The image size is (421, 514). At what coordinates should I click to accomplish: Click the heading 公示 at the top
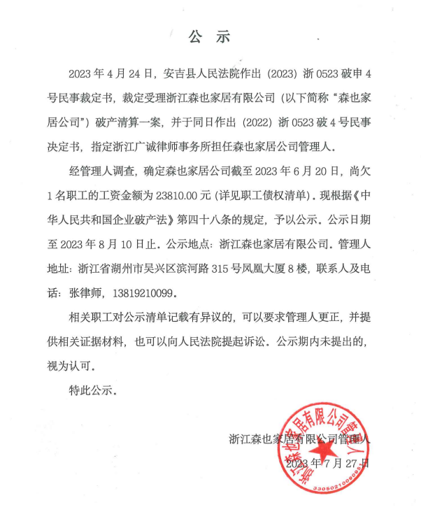pyautogui.click(x=210, y=36)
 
